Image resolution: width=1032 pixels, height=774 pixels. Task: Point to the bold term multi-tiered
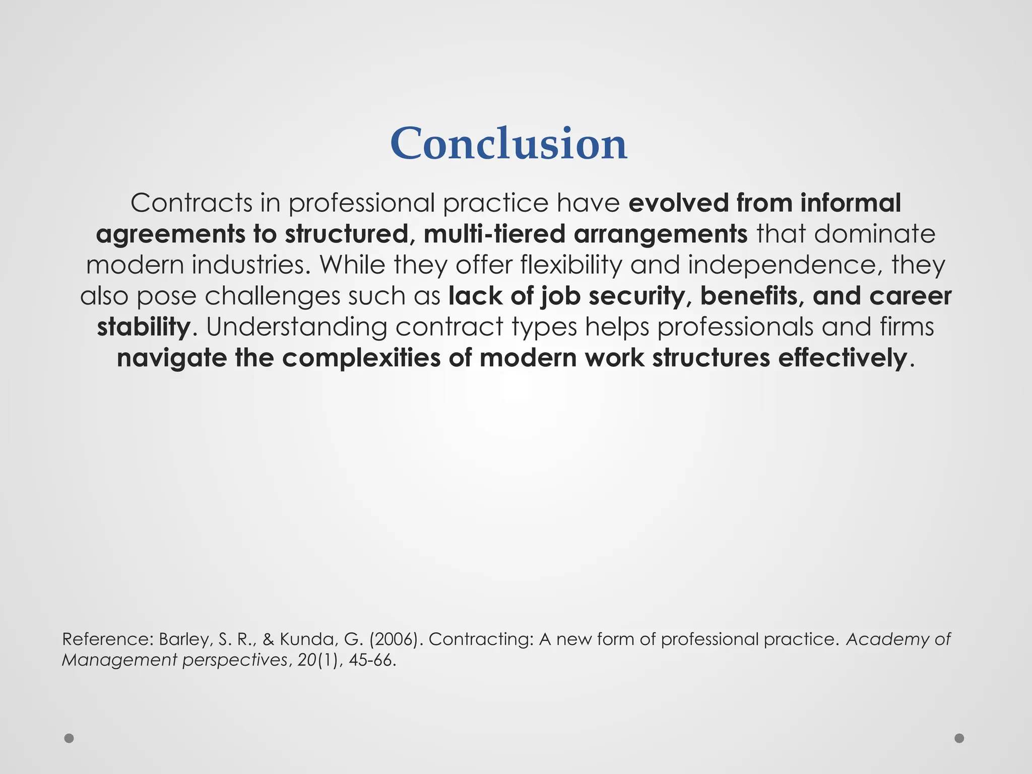[494, 234]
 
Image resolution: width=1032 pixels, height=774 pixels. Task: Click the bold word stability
[144, 327]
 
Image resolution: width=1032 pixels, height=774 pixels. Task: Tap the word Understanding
[297, 327]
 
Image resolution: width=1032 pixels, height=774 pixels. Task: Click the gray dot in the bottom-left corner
[69, 738]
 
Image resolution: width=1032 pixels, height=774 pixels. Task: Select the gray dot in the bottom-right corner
[959, 738]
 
